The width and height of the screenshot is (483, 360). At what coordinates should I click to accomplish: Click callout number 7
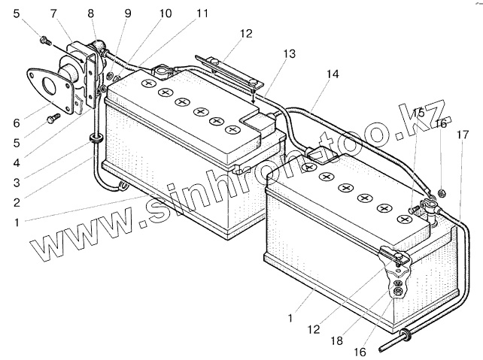click(53, 14)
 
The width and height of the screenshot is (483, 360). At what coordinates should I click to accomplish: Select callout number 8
click(90, 14)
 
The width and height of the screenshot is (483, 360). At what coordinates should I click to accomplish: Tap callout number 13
click(289, 54)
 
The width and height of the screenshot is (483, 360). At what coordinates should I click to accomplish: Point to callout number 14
click(333, 74)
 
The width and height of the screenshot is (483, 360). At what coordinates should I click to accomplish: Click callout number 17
click(463, 135)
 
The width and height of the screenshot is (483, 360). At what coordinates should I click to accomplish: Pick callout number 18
click(337, 341)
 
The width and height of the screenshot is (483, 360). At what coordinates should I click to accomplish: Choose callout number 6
click(17, 123)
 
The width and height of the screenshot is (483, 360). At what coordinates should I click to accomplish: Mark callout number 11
click(202, 14)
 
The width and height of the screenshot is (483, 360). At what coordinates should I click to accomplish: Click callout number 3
click(17, 183)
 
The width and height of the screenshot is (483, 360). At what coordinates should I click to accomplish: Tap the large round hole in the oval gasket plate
click(48, 86)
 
